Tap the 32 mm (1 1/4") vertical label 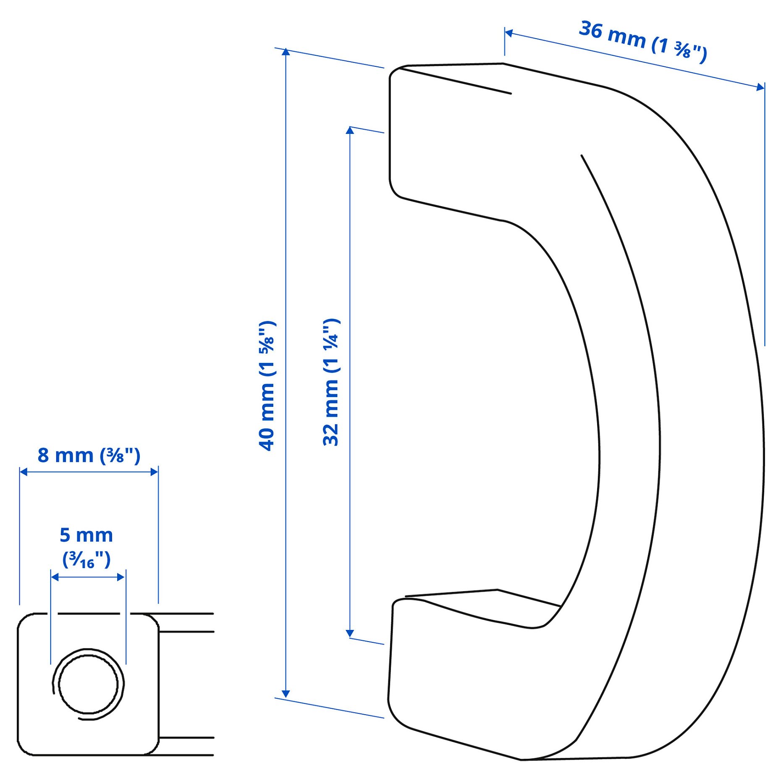click(331, 382)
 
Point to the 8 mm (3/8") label click(89, 456)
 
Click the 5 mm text click(86, 535)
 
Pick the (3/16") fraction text click(86, 560)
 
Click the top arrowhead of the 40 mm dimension click(286, 52)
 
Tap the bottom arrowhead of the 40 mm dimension click(286, 694)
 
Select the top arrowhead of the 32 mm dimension click(350, 131)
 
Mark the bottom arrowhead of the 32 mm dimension click(350, 634)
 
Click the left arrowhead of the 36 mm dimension click(508, 33)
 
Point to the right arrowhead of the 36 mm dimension click(760, 87)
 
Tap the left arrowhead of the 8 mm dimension click(24, 472)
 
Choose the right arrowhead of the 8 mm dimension click(154, 472)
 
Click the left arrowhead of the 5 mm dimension click(55, 577)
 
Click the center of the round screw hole click(88, 684)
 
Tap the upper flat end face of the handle click(449, 143)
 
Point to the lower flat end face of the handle click(453, 680)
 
